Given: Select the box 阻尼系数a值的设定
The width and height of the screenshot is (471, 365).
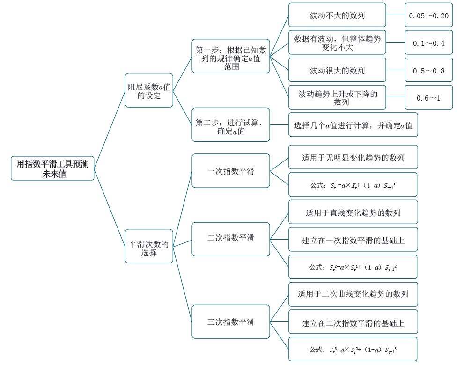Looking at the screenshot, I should (149, 90).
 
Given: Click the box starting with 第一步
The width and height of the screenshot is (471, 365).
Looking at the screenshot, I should (231, 56).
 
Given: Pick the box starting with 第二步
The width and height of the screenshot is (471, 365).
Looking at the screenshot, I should (231, 124).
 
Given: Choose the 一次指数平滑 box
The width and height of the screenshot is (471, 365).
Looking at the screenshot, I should (231, 171).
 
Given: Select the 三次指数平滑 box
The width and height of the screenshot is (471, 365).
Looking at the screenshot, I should (231, 322).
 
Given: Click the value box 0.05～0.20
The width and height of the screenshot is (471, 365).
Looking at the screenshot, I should (428, 15).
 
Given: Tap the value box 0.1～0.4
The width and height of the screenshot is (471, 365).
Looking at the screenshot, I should (428, 43).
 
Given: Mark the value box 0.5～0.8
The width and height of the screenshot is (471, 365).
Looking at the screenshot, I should (428, 70).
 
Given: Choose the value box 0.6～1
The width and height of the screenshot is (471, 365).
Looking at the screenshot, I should (428, 97).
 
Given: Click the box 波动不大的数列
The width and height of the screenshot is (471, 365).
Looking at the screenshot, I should (337, 15).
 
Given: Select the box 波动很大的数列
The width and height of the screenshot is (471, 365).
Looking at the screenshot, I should (337, 70).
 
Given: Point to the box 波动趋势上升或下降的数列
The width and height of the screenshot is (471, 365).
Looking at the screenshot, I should (337, 97).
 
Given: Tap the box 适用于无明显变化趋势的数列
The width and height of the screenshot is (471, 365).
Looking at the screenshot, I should (353, 157).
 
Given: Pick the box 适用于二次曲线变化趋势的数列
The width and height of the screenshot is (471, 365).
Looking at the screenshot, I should (353, 294).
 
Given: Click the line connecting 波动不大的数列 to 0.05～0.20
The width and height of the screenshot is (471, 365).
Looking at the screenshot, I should (396, 15).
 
